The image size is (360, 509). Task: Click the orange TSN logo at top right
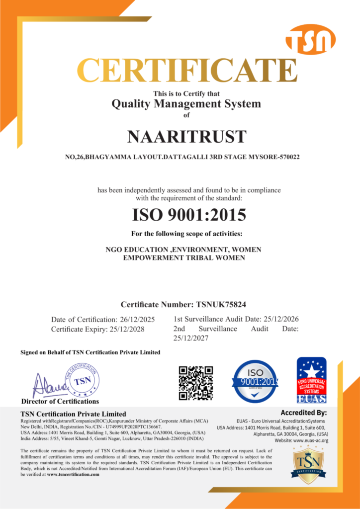coord(310,39)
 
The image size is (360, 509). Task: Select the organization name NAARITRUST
coord(180,136)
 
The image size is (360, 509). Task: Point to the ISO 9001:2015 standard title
coord(189,215)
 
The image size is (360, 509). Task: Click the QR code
coord(196,383)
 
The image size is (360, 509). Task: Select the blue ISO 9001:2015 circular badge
coord(256,382)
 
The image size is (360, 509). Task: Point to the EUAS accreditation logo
coord(312,380)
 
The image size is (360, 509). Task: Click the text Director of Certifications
coord(60,401)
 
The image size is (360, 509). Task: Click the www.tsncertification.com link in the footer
coord(73,475)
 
